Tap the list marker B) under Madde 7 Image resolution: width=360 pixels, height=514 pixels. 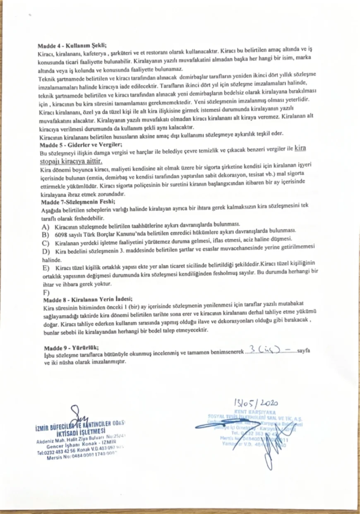pos(46,234)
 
